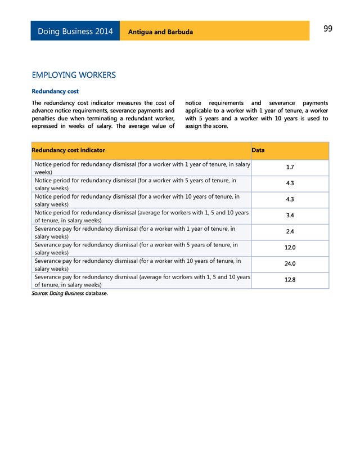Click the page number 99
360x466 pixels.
tap(328, 29)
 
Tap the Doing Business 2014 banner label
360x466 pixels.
tap(75, 32)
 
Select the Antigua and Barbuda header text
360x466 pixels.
tap(160, 32)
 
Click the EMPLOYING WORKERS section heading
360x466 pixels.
tap(74, 75)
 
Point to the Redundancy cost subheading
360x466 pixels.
tap(55, 91)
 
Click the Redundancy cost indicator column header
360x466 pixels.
tap(69, 150)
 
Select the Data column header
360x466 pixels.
tap(258, 150)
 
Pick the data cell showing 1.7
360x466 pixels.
tap(290, 168)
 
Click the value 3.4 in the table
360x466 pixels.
tap(290, 216)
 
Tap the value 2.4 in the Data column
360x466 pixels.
tap(290, 232)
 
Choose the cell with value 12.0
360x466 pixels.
tap(290, 248)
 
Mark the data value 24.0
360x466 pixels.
tap(290, 264)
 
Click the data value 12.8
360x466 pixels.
tap(290, 280)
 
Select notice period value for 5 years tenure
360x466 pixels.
tap(290, 183)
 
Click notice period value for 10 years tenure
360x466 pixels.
tap(290, 200)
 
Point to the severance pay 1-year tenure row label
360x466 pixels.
tap(135, 232)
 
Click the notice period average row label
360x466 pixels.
tap(141, 216)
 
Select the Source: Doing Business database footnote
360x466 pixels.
tap(69, 293)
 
